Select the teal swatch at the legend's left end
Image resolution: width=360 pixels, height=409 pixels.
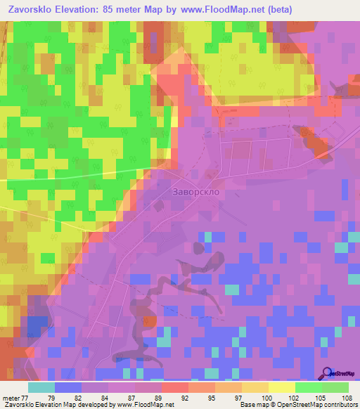pos(41,387)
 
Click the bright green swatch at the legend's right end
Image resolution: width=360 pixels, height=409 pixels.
pos(335,387)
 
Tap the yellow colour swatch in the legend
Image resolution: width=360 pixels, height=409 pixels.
pos(282,387)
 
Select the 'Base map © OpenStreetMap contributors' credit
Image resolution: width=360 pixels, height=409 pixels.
pos(299,405)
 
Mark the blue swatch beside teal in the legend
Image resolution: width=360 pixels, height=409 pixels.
pos(68,387)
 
